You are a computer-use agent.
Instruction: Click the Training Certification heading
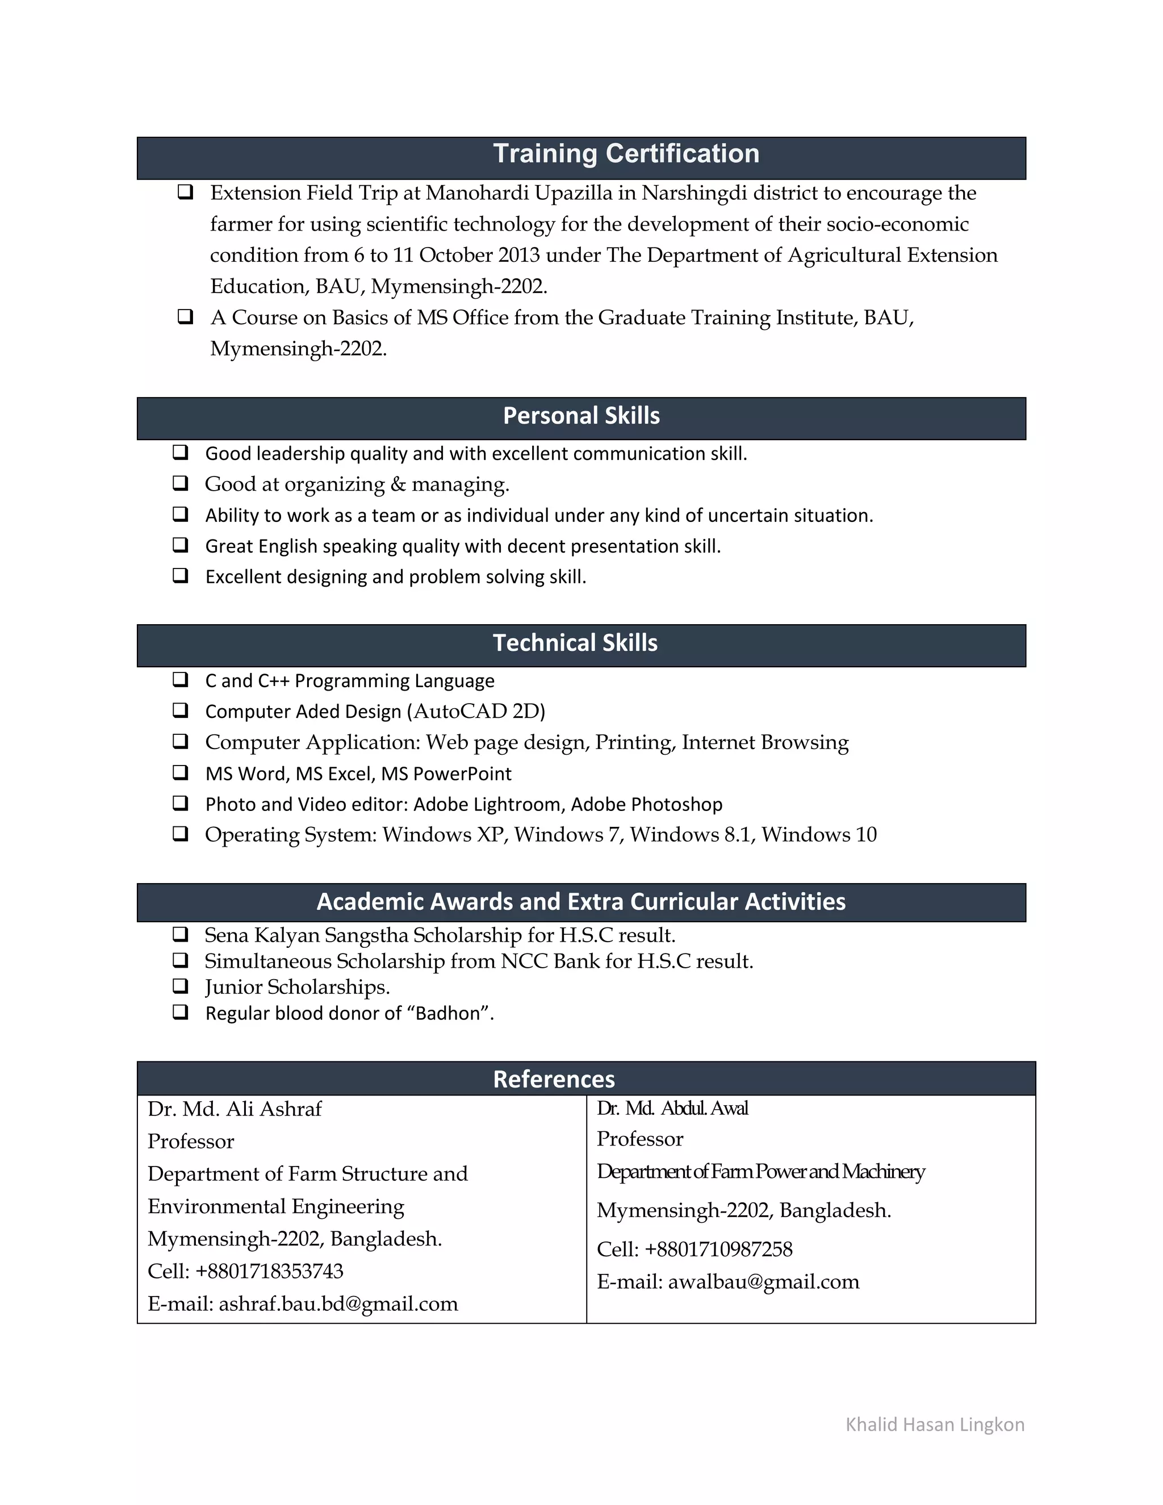click(626, 154)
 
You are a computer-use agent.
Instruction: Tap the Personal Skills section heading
click(581, 416)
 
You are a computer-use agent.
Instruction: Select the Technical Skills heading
click(575, 643)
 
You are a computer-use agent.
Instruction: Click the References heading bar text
click(554, 1079)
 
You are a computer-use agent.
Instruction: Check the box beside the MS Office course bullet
click(185, 317)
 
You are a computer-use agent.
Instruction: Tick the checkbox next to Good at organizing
click(181, 483)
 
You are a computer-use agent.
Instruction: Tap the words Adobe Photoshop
click(646, 804)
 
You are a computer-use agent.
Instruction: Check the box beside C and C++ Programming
click(181, 680)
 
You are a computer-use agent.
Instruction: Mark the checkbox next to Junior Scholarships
click(181, 986)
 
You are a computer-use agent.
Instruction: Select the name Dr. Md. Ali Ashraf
click(235, 1109)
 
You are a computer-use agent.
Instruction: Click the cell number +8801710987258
click(718, 1249)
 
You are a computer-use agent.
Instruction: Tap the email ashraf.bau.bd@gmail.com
click(338, 1304)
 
